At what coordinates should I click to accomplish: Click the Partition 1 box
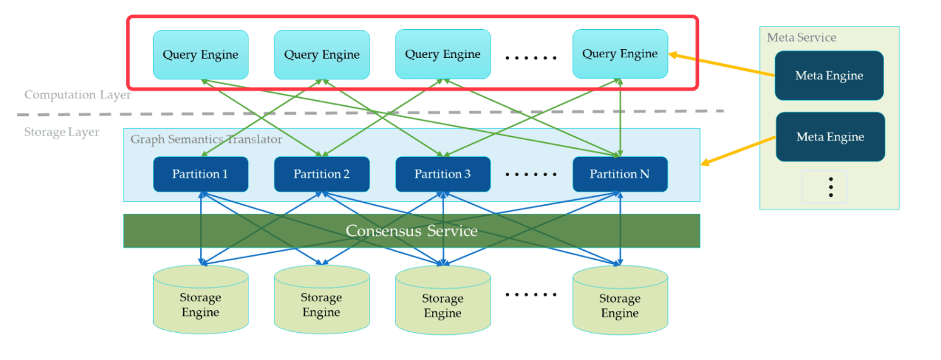201,174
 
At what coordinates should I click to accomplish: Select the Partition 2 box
322,174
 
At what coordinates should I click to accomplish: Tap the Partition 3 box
443,174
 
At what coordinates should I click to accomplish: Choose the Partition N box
619,174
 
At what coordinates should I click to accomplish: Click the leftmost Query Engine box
201,54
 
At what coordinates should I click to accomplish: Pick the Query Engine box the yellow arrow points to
619,54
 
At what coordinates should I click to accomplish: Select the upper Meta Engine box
829,76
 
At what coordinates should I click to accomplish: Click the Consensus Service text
411,231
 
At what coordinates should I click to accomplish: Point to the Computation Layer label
78,95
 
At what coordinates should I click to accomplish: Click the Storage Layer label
62,132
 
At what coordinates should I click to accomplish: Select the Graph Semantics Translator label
206,139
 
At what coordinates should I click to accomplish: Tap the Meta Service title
801,38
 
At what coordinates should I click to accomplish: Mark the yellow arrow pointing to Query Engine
722,66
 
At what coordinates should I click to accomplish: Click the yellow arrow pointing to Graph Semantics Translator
739,151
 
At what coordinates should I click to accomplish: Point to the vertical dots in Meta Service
831,187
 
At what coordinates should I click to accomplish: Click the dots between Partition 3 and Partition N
531,175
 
